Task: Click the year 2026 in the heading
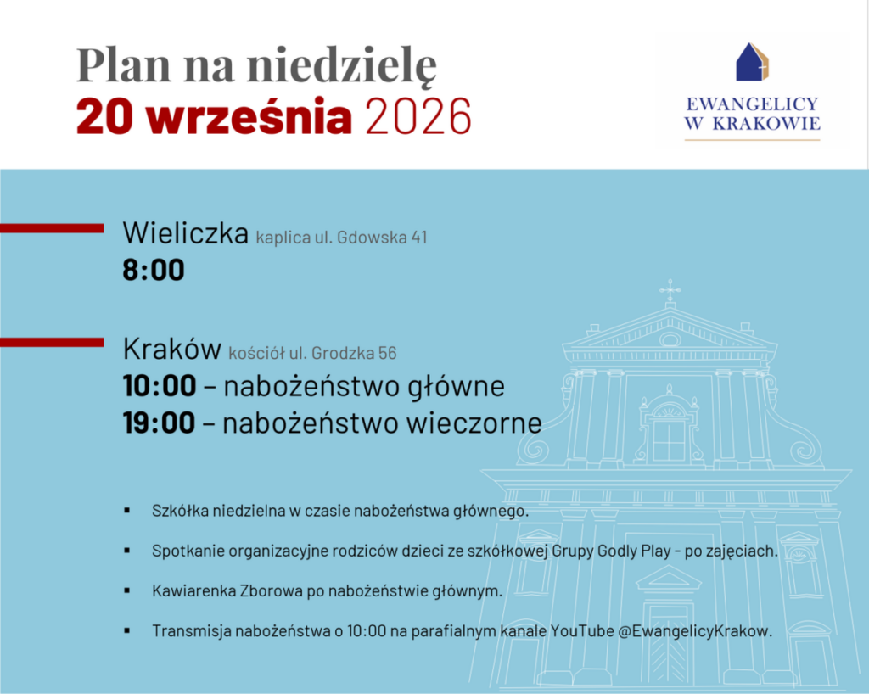pos(418,117)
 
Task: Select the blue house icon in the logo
pos(752,62)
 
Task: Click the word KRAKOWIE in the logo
pos(766,124)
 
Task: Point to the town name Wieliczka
pos(186,232)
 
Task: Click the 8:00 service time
pos(154,271)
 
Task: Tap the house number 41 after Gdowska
pos(419,237)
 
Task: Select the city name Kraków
pos(171,349)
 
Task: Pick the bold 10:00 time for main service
pos(160,386)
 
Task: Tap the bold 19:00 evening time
pos(159,423)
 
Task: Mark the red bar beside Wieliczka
pos(52,228)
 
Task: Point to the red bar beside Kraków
pos(52,342)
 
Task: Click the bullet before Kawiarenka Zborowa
pos(127,591)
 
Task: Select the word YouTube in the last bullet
pos(582,631)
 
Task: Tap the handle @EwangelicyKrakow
pos(694,631)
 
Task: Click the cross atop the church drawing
pos(670,290)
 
